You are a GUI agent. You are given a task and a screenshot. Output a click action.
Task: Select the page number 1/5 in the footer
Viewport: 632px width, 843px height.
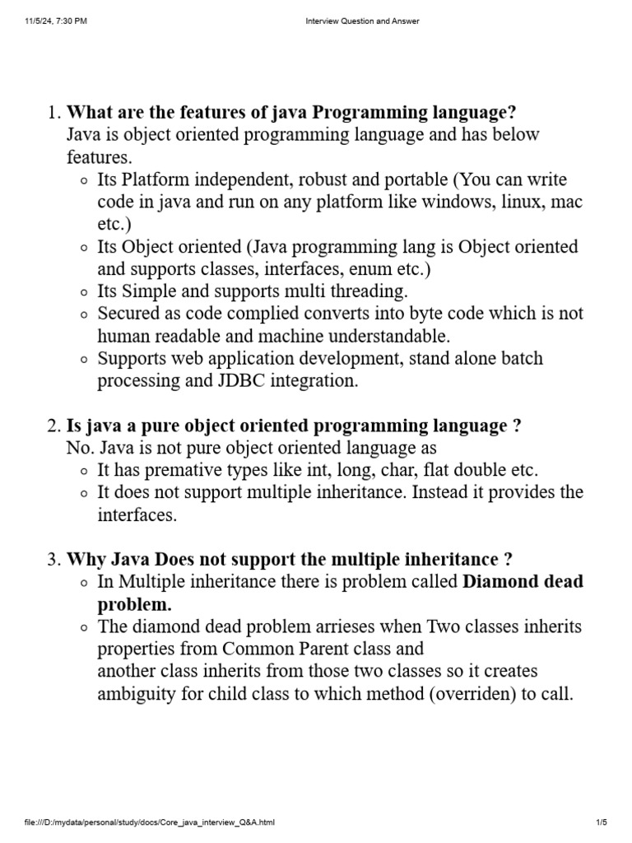(x=601, y=822)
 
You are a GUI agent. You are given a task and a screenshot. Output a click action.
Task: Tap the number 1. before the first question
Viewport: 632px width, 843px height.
(x=53, y=113)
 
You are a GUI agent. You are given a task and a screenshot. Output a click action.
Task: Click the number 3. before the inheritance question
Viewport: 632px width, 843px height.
(x=53, y=560)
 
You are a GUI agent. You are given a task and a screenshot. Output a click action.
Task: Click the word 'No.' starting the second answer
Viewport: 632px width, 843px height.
(x=81, y=448)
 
